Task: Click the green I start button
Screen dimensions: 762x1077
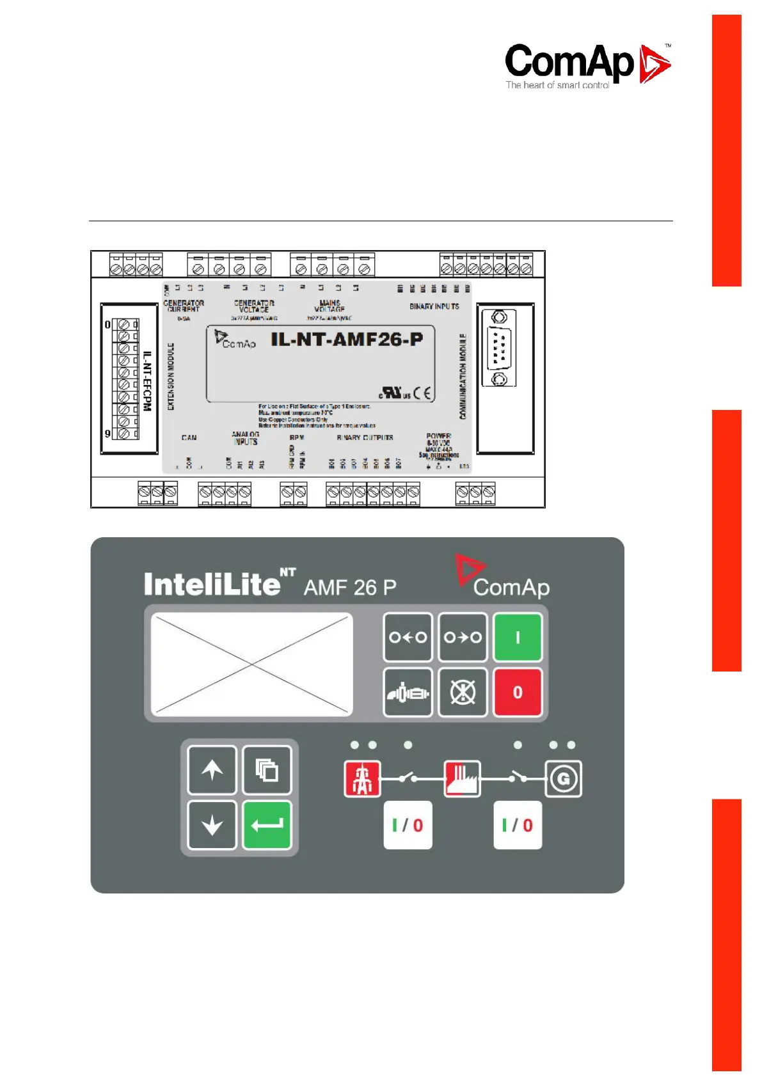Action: point(518,637)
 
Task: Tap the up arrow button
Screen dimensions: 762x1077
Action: point(212,770)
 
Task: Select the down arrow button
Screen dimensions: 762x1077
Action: point(212,825)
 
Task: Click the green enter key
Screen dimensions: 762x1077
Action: point(267,825)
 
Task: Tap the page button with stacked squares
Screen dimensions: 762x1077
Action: point(267,770)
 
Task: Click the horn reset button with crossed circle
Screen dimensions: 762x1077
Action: point(463,692)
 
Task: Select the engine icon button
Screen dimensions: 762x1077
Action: point(408,692)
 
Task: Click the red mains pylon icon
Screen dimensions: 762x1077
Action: point(363,778)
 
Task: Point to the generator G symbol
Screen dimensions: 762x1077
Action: point(563,778)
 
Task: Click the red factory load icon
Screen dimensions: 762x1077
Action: point(463,778)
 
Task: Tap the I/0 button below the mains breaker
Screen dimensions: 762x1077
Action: point(408,825)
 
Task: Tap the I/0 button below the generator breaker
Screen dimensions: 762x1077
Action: point(518,825)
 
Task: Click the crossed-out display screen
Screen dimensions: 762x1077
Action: point(252,664)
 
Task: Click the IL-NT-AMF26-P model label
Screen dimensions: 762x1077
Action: point(347,340)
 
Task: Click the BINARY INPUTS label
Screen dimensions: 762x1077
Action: point(434,306)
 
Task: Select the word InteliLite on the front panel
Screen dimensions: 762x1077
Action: point(212,585)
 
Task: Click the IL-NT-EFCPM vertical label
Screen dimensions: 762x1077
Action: point(147,381)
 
